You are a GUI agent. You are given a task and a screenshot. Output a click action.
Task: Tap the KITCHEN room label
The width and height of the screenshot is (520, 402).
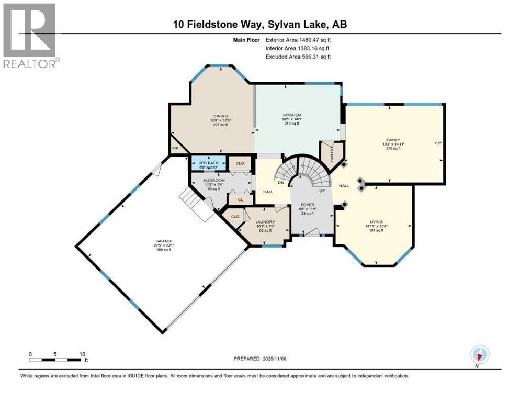[292, 115]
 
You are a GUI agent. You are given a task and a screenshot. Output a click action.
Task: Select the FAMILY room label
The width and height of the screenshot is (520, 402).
[393, 140]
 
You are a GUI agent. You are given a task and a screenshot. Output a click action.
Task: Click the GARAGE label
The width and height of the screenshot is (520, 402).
[163, 241]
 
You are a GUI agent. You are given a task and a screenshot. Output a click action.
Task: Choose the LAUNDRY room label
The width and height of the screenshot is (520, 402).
[265, 221]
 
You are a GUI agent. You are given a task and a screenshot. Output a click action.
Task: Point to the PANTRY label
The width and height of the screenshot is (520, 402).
[331, 152]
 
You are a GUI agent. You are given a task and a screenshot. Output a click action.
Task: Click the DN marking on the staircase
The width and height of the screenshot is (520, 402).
[280, 182]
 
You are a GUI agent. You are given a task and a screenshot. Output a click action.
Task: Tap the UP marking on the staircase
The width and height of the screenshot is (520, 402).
[322, 191]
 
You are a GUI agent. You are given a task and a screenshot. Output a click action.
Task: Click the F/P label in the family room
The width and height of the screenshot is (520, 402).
[438, 143]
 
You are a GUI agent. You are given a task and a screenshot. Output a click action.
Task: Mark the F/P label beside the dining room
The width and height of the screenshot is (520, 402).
[175, 149]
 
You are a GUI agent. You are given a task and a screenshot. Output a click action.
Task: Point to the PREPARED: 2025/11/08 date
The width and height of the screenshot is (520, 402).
[260, 359]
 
